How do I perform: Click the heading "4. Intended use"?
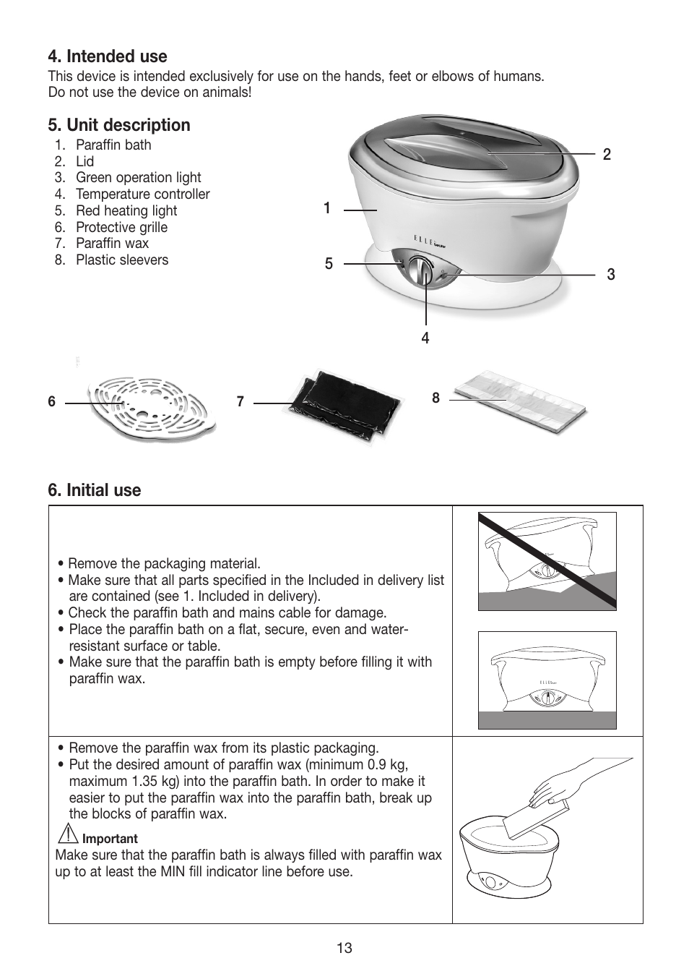click(x=108, y=56)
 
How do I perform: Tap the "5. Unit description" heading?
click(x=119, y=125)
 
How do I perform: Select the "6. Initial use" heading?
click(x=95, y=490)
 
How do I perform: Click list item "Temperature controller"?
click(x=142, y=194)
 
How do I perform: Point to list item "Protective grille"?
click(x=121, y=227)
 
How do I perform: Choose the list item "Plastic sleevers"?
click(x=121, y=260)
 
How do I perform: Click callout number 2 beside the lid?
click(x=607, y=154)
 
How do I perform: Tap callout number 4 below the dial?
click(x=425, y=338)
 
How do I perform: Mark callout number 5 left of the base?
click(x=329, y=264)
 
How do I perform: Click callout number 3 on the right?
click(x=611, y=275)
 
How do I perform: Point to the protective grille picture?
click(x=152, y=409)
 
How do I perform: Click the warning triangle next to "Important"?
click(x=68, y=834)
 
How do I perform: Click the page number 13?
click(x=344, y=948)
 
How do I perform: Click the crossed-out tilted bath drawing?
click(x=547, y=561)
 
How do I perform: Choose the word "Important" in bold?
click(x=110, y=839)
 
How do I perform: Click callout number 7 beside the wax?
click(x=240, y=402)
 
